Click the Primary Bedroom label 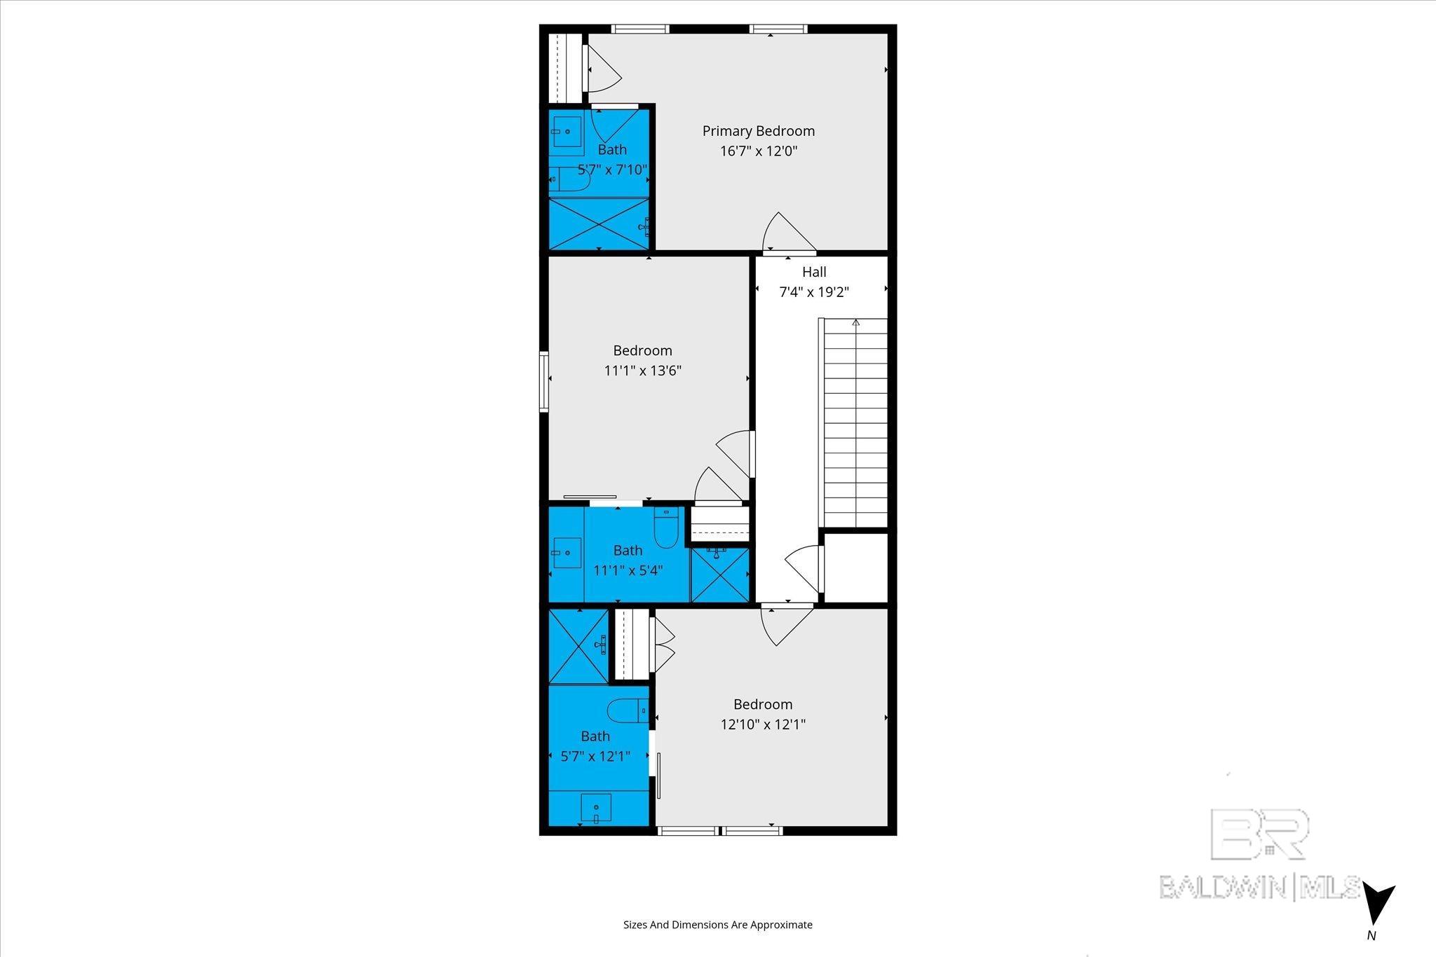tap(758, 131)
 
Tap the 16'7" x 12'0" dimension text tap(758, 151)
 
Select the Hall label tap(814, 272)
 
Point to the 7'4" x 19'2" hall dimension tap(814, 292)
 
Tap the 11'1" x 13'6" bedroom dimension tap(642, 371)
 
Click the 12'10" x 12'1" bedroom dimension tap(763, 724)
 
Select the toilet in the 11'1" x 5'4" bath tap(665, 528)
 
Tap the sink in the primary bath tap(567, 131)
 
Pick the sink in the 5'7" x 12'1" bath tap(596, 808)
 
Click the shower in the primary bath tap(598, 223)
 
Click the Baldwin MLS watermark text tap(1259, 887)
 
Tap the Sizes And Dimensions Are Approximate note tap(717, 925)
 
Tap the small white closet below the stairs tap(855, 567)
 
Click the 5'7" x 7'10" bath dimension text tap(611, 170)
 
